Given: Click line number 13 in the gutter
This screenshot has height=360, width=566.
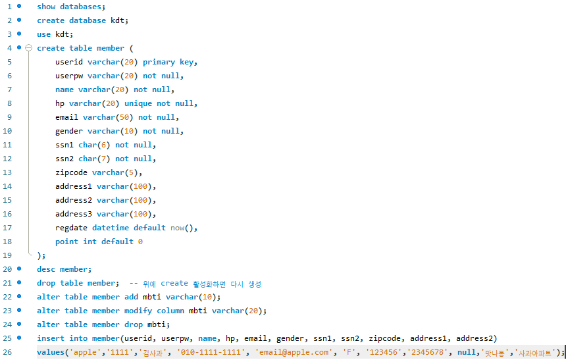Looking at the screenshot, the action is click(9, 172).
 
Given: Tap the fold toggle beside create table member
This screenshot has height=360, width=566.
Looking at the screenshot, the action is click(28, 48).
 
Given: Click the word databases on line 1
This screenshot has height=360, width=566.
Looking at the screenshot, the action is click(80, 7).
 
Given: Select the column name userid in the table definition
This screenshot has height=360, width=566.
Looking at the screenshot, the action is click(69, 62).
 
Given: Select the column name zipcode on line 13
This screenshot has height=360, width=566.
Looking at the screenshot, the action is click(71, 172).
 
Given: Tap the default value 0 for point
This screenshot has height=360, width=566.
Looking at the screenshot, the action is click(140, 242).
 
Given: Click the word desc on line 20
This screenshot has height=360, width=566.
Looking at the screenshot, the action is click(46, 269).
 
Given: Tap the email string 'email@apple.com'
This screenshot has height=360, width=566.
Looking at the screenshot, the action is click(293, 352).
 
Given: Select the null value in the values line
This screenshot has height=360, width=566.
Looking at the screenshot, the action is click(467, 352).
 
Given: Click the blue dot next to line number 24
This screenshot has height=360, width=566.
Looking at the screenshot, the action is click(19, 324).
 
